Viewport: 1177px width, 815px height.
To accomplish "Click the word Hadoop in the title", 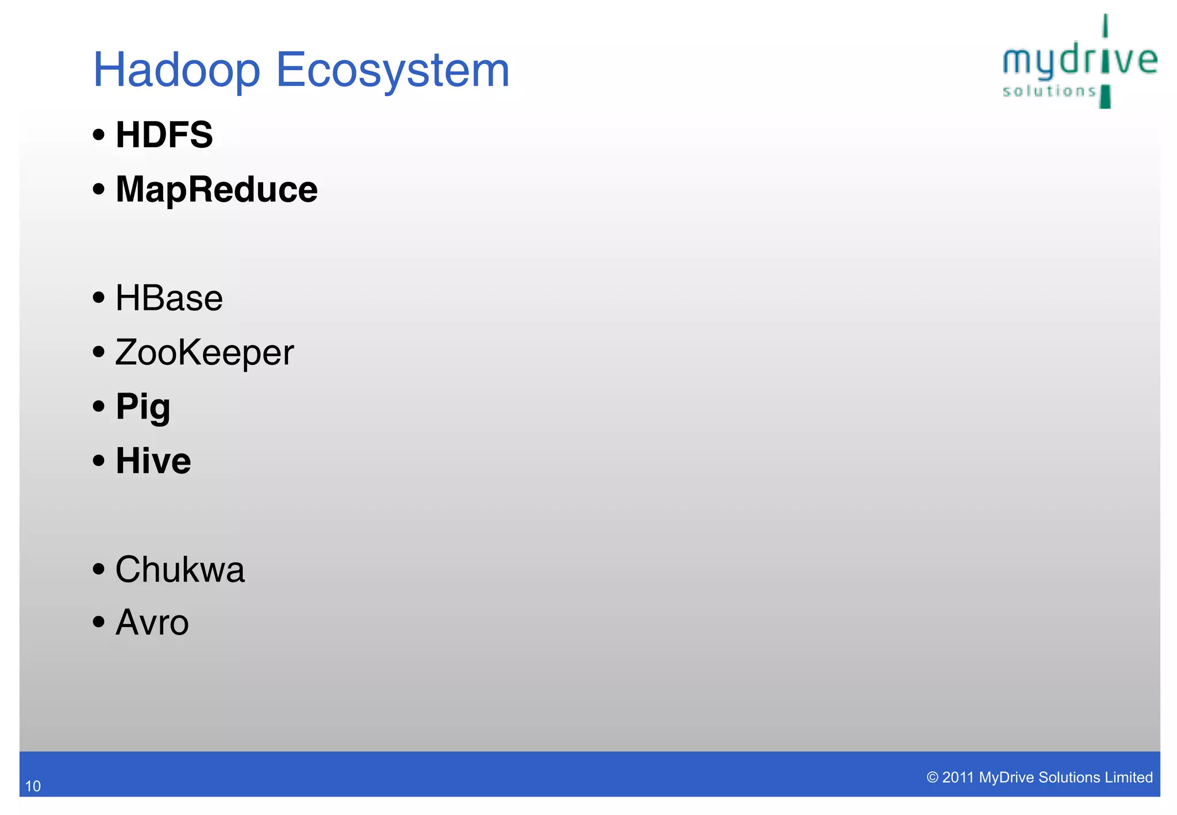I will [x=176, y=71].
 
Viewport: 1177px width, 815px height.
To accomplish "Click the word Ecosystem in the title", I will [x=393, y=71].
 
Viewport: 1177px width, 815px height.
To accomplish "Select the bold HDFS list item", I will [x=164, y=135].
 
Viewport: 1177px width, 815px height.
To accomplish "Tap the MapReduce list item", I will [x=216, y=190].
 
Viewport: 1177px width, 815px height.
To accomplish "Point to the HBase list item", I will [x=169, y=298].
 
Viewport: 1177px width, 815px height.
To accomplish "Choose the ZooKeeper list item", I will [x=204, y=352].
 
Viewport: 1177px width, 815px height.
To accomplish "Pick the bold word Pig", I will [x=143, y=407].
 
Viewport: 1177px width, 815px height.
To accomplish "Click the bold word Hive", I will [x=153, y=461].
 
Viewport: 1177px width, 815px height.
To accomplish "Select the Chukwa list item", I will [x=180, y=570].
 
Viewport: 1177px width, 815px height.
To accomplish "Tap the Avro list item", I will [x=152, y=623].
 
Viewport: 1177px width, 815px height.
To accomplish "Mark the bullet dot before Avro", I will [x=99, y=621].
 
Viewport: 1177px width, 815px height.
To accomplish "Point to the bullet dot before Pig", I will [x=99, y=406].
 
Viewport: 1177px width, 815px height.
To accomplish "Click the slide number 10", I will [x=33, y=786].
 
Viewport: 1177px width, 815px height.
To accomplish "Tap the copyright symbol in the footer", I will [x=932, y=778].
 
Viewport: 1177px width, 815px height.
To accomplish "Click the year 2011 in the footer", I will [x=958, y=778].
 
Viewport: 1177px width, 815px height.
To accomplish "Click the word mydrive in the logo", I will [x=1079, y=61].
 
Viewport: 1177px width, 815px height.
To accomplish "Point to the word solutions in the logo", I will [x=1049, y=91].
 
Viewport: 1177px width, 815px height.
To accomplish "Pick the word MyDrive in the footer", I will [x=1006, y=778].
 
